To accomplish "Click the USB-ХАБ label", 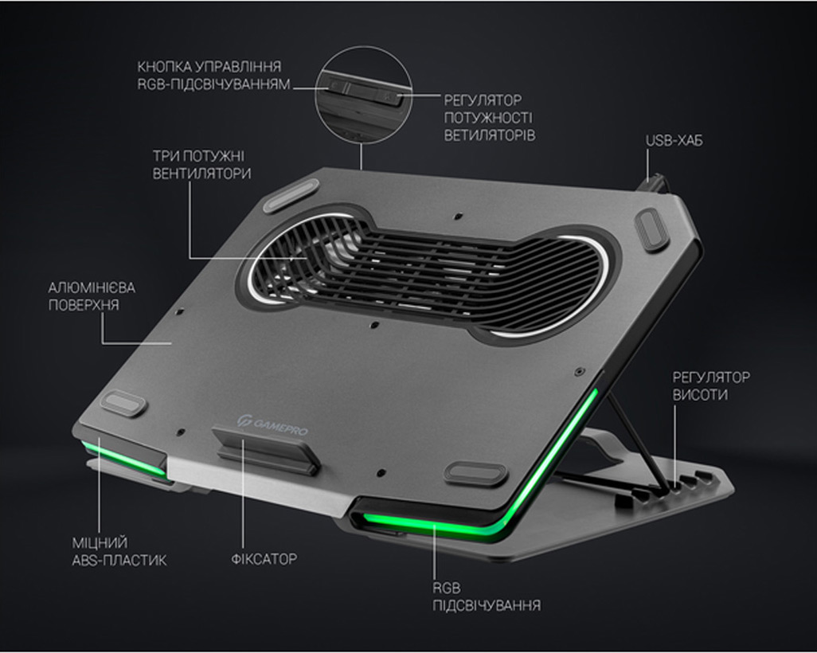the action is coord(674,141).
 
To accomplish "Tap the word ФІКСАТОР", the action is coord(264,559).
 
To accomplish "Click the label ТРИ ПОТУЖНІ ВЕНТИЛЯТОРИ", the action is coord(201,165).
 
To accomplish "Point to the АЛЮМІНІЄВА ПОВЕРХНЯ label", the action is coord(92,296).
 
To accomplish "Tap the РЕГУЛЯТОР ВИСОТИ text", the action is coord(711,385).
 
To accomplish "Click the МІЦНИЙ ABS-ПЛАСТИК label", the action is coord(119,551).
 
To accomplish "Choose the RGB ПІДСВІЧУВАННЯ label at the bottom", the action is coord(486,596).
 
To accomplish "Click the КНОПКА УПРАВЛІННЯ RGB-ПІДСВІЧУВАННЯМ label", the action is coord(213,75).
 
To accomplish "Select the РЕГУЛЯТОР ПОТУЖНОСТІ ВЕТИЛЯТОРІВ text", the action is coord(489,118).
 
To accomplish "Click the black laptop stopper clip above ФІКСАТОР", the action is coord(266,448).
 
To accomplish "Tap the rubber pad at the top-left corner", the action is coord(291,195).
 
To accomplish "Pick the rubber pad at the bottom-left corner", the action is coord(123,404).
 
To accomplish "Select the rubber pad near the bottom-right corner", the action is coord(475,471).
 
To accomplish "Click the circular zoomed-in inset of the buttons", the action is coord(363,95).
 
